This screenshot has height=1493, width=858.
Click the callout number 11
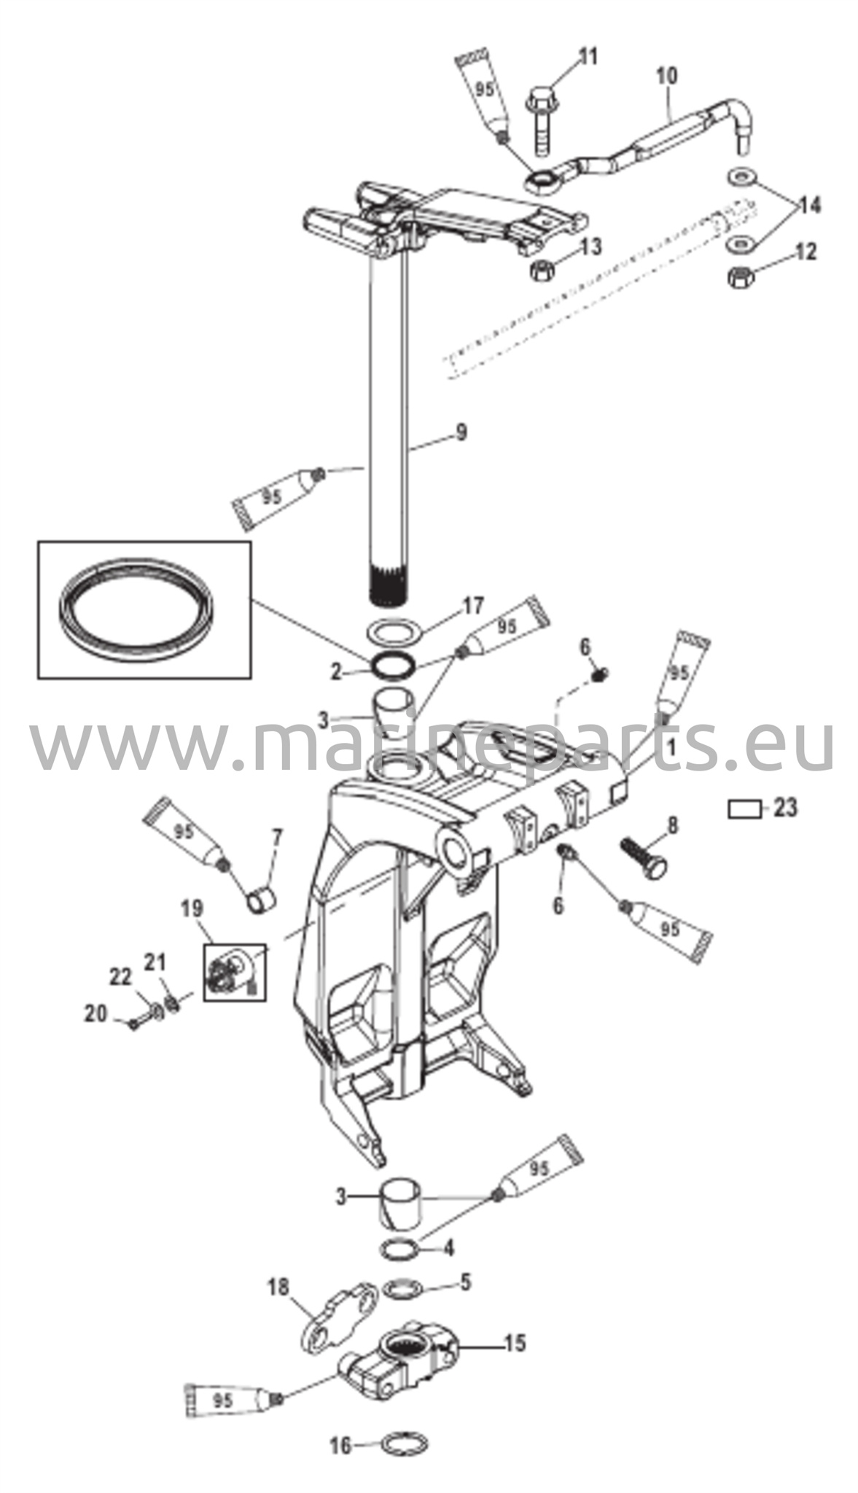pos(588,56)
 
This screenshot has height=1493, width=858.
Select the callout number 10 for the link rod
pos(666,75)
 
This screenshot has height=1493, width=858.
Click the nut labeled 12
pos(741,278)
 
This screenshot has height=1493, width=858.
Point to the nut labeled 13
pos(541,271)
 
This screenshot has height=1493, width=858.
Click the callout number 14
pos(809,206)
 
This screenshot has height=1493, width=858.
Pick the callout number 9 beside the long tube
pos(460,432)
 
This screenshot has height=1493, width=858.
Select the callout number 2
pos(335,672)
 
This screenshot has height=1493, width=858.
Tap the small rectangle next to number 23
pos(745,809)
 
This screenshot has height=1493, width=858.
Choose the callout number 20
pos(95,1013)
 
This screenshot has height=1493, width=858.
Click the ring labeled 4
pos(400,1250)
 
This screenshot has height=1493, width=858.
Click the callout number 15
pos(515,1343)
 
